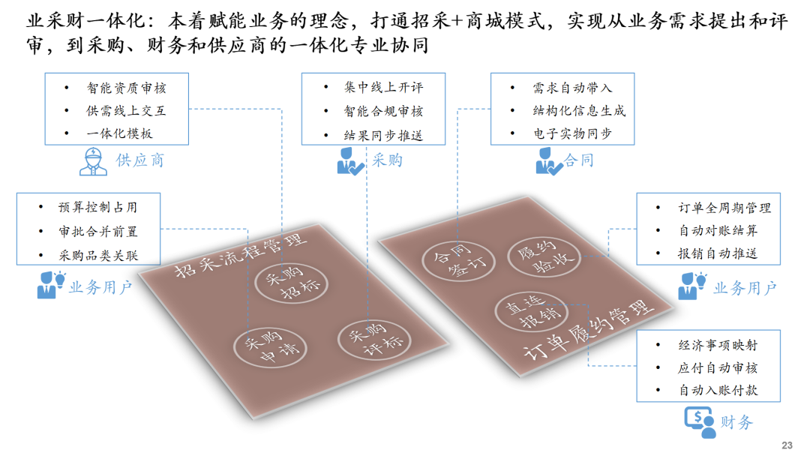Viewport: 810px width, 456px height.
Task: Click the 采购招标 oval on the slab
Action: pyautogui.click(x=292, y=283)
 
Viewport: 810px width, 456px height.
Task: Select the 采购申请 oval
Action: pyautogui.click(x=270, y=347)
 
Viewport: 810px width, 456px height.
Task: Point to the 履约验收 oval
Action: pyautogui.click(x=544, y=256)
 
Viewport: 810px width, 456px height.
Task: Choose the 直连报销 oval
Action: pyautogui.click(x=532, y=311)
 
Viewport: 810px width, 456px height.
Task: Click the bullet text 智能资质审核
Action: pyautogui.click(x=127, y=88)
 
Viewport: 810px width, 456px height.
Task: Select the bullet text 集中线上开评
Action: pyautogui.click(x=384, y=87)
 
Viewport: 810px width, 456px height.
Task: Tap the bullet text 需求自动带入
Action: pyautogui.click(x=572, y=88)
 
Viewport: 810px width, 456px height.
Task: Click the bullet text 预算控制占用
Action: pyautogui.click(x=98, y=207)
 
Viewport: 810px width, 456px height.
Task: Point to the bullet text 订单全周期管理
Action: pyautogui.click(x=724, y=208)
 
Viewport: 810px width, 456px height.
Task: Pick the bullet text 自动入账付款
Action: pyautogui.click(x=718, y=390)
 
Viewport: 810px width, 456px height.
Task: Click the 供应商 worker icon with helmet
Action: pyautogui.click(x=93, y=162)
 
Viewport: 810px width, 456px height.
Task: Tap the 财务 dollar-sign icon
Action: pyautogui.click(x=700, y=422)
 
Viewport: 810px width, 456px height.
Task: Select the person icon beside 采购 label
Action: pyautogui.click(x=349, y=161)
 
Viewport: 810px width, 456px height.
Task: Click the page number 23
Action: pyautogui.click(x=787, y=445)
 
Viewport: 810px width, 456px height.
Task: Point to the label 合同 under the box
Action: pyautogui.click(x=578, y=160)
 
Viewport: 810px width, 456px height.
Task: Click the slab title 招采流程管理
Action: pyautogui.click(x=240, y=255)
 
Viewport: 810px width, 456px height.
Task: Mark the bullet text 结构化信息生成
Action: pyautogui.click(x=579, y=110)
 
